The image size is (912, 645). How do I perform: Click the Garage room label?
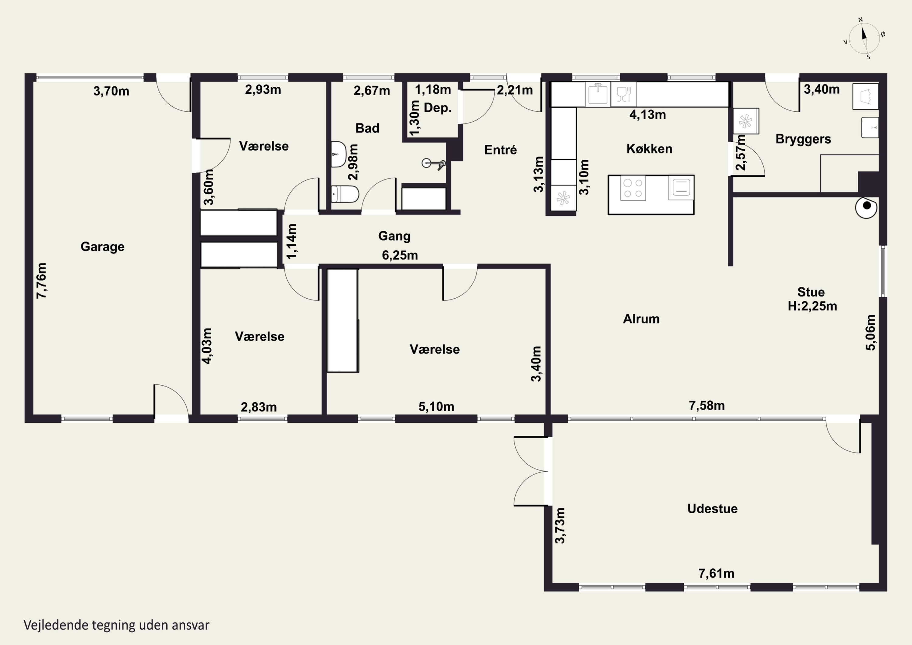(x=102, y=247)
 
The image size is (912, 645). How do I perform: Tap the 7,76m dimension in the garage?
(x=41, y=281)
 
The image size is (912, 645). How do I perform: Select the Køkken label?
(x=649, y=149)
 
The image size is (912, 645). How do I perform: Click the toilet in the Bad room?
(x=345, y=194)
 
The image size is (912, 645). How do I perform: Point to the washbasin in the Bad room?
(x=338, y=154)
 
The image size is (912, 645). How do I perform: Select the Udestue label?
(x=712, y=509)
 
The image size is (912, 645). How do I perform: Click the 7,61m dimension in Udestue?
(x=716, y=574)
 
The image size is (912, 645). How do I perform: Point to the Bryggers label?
(x=803, y=139)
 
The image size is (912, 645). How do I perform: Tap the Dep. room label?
(x=438, y=108)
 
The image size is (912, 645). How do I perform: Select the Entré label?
(x=500, y=150)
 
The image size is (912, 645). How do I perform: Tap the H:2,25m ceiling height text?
(x=812, y=306)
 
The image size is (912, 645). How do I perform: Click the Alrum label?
(x=641, y=319)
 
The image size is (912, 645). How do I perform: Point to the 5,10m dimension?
(x=436, y=407)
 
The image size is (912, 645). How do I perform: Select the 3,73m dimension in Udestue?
(x=560, y=525)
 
